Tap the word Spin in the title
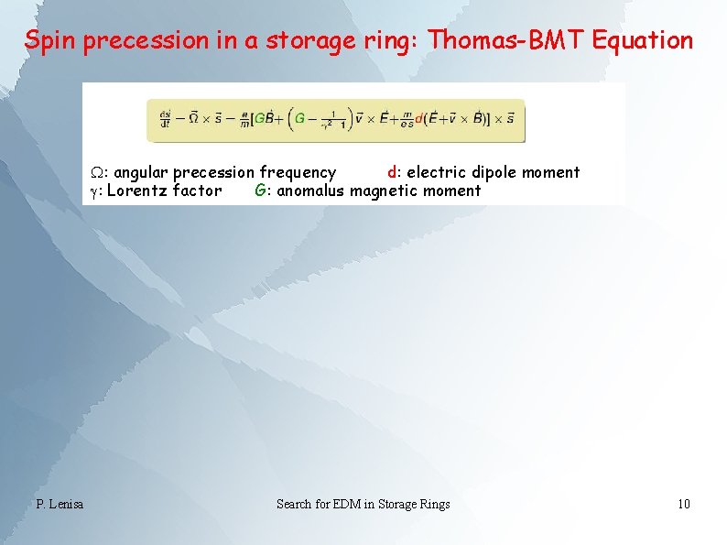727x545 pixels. point(51,41)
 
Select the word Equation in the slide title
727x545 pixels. point(641,40)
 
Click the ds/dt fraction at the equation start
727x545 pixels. point(165,120)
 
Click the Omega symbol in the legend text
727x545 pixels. point(95,172)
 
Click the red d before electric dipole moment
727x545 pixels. point(392,172)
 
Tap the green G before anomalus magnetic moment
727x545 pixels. point(260,191)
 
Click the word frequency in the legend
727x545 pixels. point(298,172)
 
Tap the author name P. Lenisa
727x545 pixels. point(60,504)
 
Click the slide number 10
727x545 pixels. point(683,504)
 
